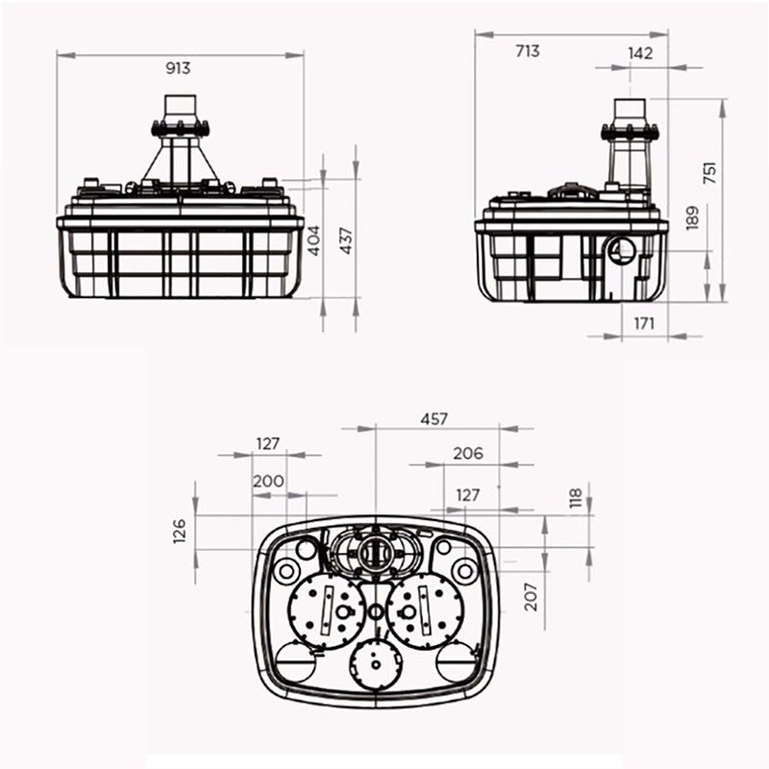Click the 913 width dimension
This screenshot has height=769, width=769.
(179, 67)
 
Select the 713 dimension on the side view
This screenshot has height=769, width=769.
(528, 51)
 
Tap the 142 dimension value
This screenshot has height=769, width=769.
(639, 54)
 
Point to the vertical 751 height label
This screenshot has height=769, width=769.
(709, 171)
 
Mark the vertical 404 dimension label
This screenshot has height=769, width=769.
(312, 239)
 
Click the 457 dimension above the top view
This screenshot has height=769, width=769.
(434, 419)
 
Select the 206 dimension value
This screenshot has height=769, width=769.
(468, 454)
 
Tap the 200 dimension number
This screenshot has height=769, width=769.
(268, 481)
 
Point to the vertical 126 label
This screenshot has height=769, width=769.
(180, 531)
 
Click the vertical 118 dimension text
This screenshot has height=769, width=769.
(575, 498)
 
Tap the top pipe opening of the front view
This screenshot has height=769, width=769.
(179, 105)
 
